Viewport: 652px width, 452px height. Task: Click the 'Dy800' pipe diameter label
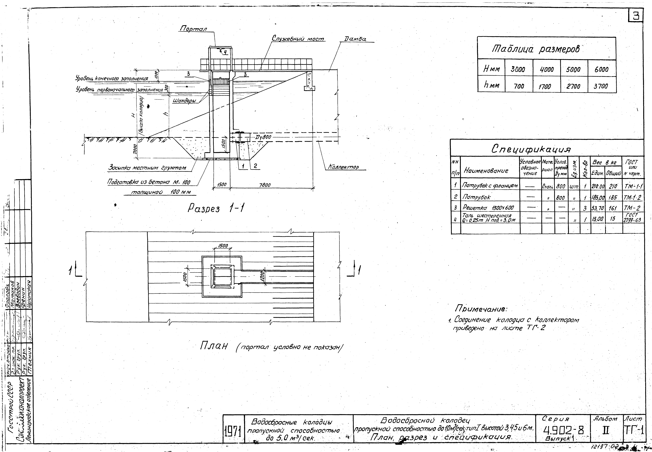tap(264, 137)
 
